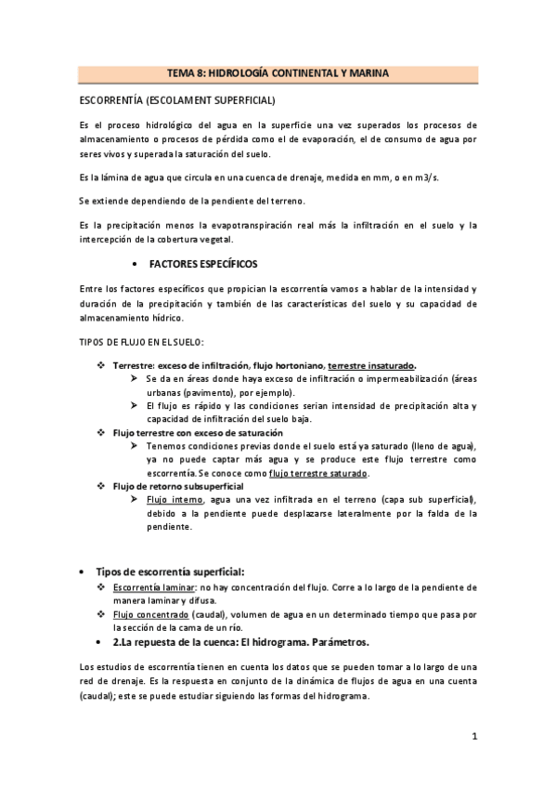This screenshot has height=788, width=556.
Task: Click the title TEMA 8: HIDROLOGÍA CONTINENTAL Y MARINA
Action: tap(278, 72)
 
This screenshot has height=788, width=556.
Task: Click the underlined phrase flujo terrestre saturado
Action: tap(317, 473)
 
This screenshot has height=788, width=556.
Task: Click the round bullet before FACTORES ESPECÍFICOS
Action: tap(137, 264)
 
